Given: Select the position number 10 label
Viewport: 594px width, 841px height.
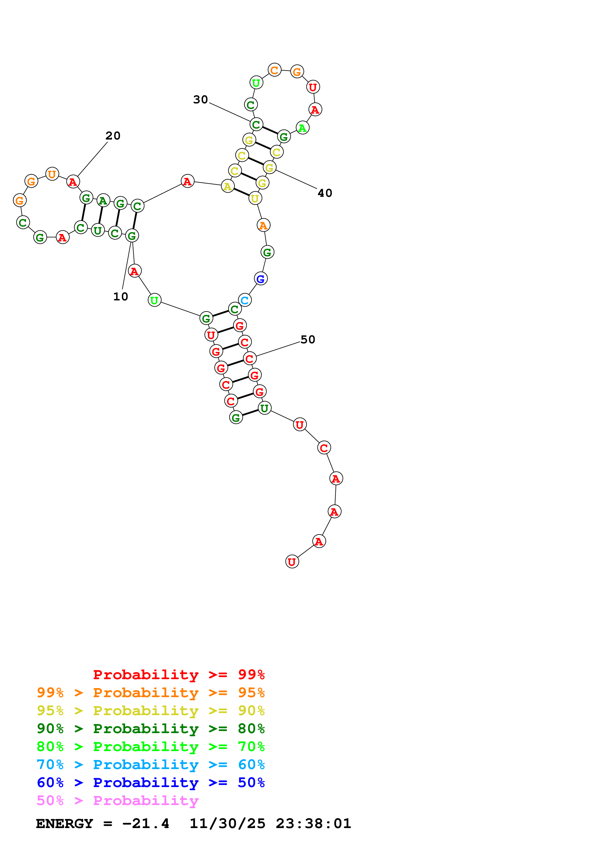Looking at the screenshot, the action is (121, 297).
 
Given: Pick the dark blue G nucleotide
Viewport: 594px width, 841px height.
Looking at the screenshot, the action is (261, 279).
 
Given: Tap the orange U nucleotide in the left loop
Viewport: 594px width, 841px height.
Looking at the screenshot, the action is (52, 174).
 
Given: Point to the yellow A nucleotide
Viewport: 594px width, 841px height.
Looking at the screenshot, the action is (227, 187).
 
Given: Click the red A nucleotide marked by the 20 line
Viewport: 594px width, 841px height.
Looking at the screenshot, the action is (73, 182).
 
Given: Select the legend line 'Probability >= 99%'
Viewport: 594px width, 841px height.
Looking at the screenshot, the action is (179, 675).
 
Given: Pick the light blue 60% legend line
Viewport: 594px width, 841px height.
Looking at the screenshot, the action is (150, 765).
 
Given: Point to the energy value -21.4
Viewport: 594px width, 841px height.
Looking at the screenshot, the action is (146, 824).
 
